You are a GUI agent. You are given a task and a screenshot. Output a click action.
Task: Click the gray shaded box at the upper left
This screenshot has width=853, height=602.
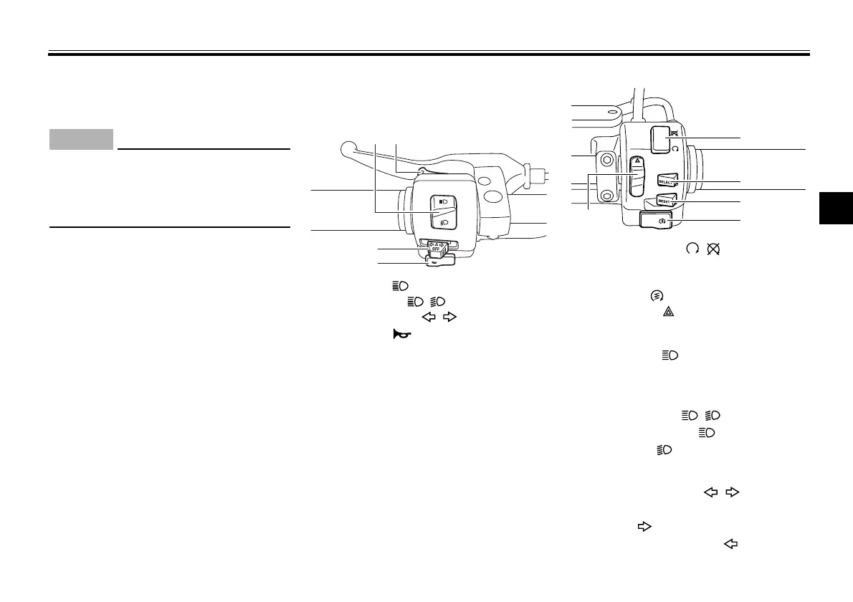81,139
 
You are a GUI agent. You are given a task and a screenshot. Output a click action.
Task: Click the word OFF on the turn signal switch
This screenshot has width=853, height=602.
437,250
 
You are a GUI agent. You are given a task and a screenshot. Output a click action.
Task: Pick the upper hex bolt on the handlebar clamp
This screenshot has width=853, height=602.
606,159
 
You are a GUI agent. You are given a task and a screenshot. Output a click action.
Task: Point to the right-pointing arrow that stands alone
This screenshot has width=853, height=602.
644,527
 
